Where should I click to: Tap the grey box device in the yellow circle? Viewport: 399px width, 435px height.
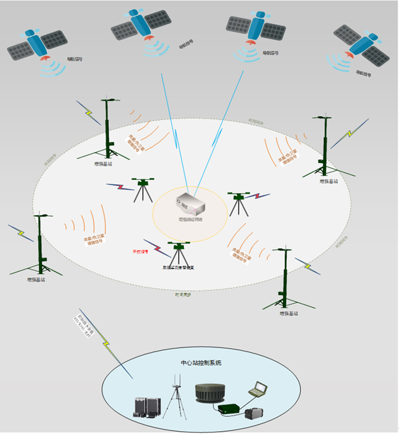190,204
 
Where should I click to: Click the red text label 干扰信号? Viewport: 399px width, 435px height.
140,250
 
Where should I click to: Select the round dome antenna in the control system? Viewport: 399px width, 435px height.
213,394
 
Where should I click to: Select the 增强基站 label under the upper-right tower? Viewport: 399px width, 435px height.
329,181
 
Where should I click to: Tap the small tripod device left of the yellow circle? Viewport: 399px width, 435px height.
141,190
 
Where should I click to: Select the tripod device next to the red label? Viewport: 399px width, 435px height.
177,254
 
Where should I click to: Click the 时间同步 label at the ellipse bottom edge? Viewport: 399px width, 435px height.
183,295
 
